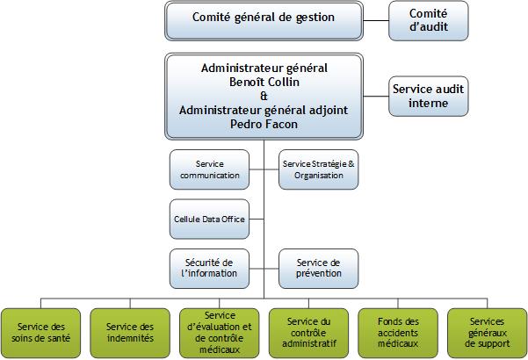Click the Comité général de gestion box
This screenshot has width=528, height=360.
264,21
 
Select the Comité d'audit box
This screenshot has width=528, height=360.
429,21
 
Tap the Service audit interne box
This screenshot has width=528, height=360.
429,97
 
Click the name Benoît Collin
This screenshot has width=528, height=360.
264,82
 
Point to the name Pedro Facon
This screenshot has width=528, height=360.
264,124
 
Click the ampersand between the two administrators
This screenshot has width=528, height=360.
264,97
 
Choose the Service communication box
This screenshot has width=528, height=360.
209,169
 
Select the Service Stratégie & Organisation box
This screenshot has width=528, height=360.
319,169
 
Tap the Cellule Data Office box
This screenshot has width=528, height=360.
209,219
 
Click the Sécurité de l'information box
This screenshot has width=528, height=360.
209,269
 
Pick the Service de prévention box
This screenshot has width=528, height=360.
319,269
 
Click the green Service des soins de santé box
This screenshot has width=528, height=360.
40,333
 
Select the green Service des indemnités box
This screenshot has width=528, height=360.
130,333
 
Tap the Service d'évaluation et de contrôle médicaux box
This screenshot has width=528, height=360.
220,333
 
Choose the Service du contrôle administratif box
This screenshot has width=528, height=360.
308,333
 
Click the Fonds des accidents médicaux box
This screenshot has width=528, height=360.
398,333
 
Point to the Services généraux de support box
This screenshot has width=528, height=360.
488,333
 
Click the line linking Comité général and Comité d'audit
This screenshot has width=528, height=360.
376,20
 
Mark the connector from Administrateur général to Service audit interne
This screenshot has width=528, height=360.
376,97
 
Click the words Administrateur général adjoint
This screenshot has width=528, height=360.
264,111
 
